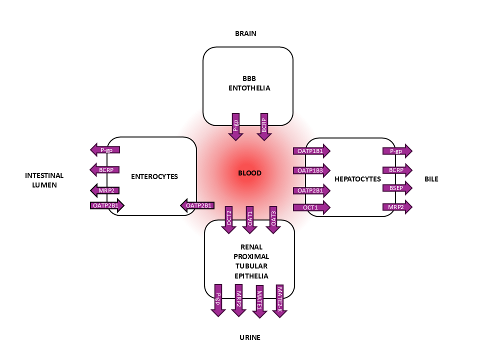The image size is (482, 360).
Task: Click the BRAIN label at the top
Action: (x=245, y=34)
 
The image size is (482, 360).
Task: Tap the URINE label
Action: (x=249, y=337)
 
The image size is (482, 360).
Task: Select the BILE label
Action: (x=431, y=179)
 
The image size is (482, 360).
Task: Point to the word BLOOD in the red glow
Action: (x=249, y=173)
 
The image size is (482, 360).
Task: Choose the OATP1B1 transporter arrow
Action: (x=311, y=150)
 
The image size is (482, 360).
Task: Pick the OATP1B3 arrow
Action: (x=311, y=170)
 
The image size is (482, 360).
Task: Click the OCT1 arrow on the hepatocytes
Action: (x=311, y=207)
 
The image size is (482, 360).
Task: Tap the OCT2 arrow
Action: (x=229, y=219)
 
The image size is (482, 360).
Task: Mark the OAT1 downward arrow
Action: (x=250, y=219)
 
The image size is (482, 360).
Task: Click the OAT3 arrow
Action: (x=272, y=219)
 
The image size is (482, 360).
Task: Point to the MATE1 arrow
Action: (x=259, y=300)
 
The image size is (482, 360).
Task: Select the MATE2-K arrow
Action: (x=280, y=300)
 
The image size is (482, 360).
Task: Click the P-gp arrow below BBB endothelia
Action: (x=235, y=125)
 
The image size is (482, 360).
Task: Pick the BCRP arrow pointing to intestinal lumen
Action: (x=105, y=170)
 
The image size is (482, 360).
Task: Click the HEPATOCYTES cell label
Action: (x=357, y=179)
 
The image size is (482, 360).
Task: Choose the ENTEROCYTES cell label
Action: (x=154, y=176)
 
